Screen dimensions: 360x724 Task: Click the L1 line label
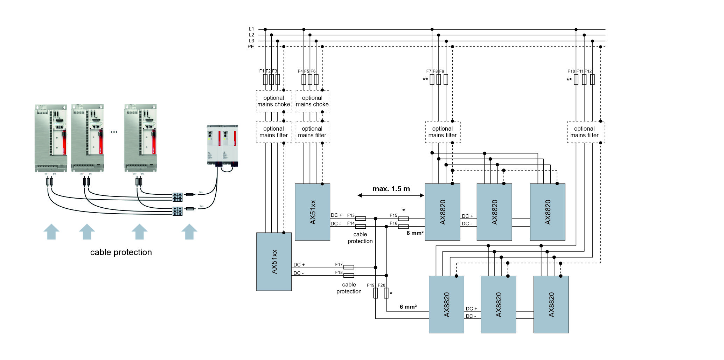click(251, 29)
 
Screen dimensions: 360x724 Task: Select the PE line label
click(251, 47)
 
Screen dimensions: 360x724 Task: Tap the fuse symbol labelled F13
click(360, 219)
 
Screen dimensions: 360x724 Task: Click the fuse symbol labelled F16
click(403, 227)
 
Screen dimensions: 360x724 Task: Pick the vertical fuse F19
click(375, 293)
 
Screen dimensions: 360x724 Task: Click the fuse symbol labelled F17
click(348, 267)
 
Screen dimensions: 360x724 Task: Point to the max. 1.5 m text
click(391, 189)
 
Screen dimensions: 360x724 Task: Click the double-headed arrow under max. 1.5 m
click(391, 195)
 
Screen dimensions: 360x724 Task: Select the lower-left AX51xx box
click(274, 262)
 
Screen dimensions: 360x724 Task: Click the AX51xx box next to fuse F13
click(312, 212)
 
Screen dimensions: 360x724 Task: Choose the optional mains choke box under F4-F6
click(312, 101)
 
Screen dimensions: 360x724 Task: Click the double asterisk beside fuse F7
click(425, 79)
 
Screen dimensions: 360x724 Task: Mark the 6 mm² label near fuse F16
click(415, 233)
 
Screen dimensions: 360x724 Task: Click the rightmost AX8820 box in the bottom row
click(551, 304)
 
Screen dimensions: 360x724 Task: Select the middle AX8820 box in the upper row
click(494, 212)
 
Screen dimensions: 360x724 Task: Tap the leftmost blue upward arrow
click(51, 232)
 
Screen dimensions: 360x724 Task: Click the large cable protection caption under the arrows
click(121, 252)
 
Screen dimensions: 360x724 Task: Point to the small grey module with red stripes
click(222, 145)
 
